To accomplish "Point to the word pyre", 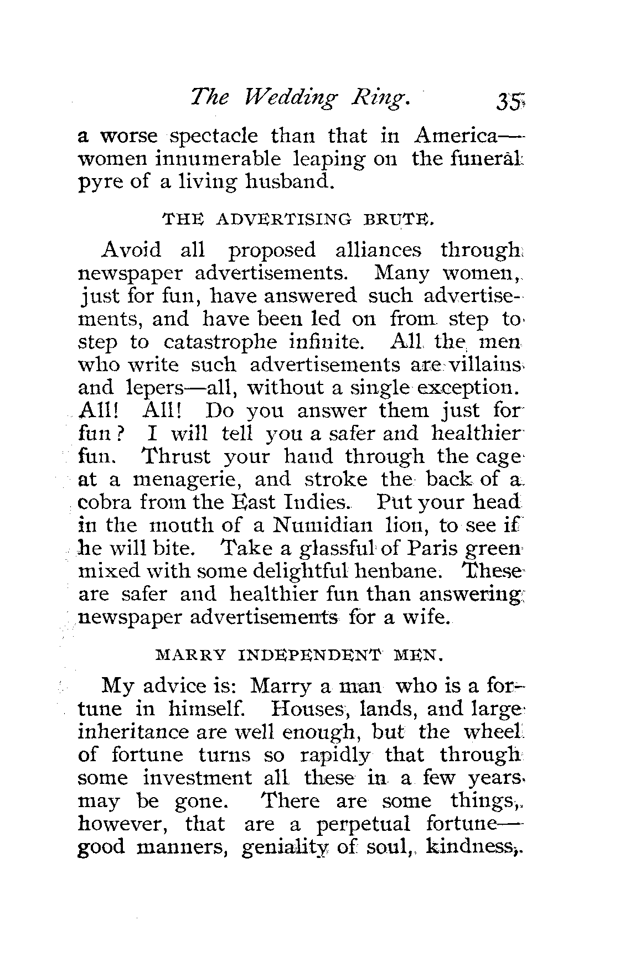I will pos(96,182).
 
